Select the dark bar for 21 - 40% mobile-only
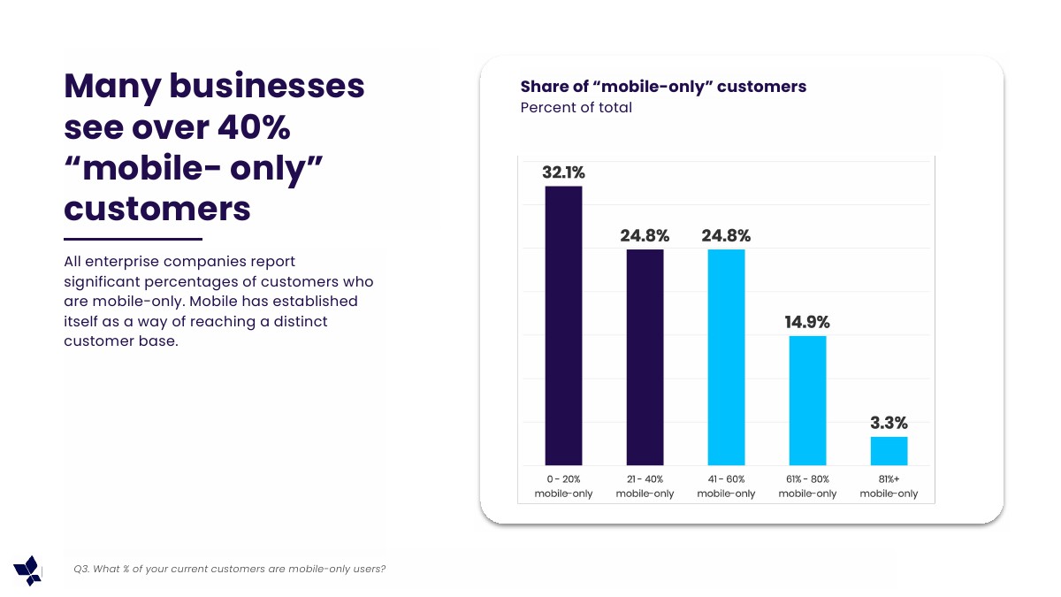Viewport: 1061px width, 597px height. (645, 357)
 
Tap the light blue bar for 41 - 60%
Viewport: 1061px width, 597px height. (726, 357)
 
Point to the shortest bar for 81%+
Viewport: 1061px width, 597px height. (889, 451)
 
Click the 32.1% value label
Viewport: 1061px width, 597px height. (563, 172)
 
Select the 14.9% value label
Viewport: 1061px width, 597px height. (807, 323)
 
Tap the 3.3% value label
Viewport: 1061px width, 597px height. (889, 423)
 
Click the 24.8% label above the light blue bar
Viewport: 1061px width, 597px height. (726, 236)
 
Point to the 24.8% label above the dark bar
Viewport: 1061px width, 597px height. (645, 236)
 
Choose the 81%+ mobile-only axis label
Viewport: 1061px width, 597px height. (889, 486)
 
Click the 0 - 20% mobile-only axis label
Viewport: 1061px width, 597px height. (563, 486)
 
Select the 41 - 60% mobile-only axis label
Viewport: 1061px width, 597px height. (726, 486)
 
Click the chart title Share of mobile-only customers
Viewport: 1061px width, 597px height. (663, 87)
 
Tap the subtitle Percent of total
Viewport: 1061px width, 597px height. (576, 108)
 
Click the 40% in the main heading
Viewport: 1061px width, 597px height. (253, 127)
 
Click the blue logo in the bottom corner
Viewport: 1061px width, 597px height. (27, 570)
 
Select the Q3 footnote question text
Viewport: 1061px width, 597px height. (230, 569)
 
